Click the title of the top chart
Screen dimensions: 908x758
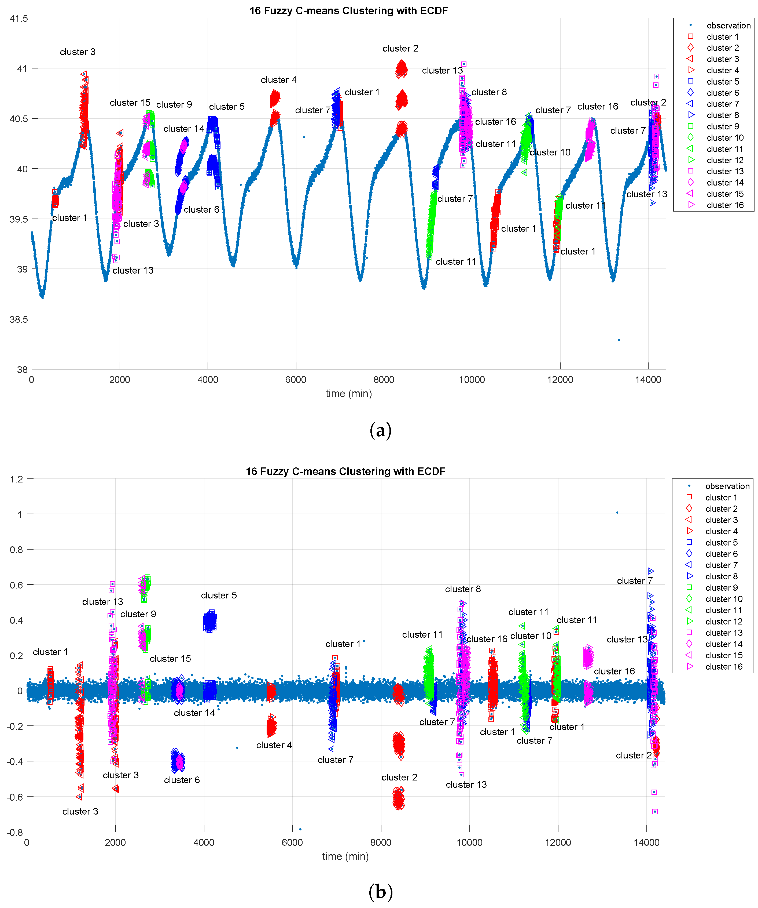coord(348,10)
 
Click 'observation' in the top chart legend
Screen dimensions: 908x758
coord(728,26)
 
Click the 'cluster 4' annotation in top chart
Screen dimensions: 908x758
coord(279,80)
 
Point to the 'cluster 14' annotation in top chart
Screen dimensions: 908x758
coord(183,129)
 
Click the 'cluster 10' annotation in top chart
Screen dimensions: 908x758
coord(550,152)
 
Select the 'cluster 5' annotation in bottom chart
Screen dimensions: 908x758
coord(219,595)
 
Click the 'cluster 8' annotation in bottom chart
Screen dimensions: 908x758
coord(463,589)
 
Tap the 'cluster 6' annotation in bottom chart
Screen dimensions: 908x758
coord(182,780)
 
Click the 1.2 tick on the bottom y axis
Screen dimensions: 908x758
coord(17,479)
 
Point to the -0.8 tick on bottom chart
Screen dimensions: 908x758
coord(15,832)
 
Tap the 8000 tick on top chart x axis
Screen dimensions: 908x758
coord(384,380)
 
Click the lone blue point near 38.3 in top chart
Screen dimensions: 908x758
coord(619,340)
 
